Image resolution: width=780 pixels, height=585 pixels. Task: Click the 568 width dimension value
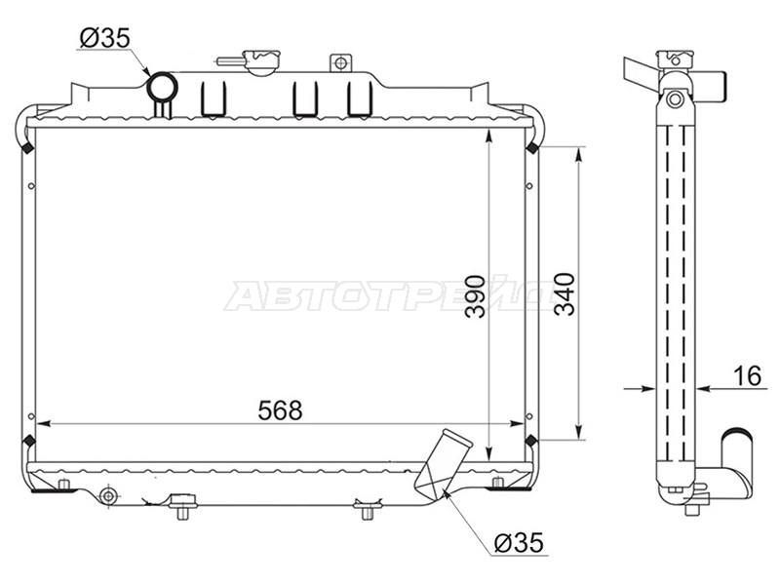tap(280, 410)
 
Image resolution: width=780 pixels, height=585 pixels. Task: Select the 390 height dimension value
tap(476, 296)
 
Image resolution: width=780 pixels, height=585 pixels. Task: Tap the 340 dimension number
tap(565, 294)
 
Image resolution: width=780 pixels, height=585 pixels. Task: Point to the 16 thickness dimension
tap(747, 375)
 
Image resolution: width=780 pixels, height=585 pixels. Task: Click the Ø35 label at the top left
tap(104, 38)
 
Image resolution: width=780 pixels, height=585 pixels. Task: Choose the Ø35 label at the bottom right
tap(519, 543)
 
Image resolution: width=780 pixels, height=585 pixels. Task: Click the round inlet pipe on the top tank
tap(162, 88)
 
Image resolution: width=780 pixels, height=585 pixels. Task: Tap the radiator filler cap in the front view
tap(260, 61)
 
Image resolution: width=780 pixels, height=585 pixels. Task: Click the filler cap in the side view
tap(675, 59)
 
